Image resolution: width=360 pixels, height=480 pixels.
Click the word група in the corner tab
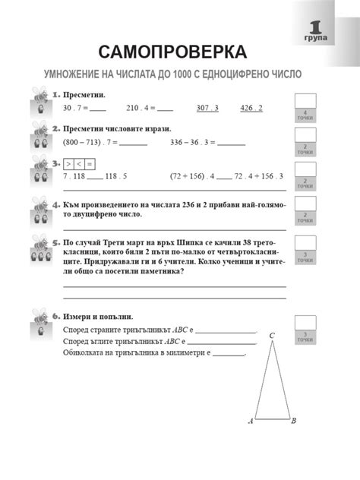318,36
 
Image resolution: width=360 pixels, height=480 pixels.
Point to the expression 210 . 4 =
140,108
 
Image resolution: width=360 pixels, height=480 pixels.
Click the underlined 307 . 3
207,108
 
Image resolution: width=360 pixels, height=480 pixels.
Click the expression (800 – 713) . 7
90,141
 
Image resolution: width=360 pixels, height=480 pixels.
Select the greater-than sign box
68,163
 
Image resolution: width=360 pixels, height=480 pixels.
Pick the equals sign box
90,163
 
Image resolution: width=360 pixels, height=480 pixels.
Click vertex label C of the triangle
271,335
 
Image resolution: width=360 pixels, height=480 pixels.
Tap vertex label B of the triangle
294,420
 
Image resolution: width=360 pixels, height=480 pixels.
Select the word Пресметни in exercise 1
84,94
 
